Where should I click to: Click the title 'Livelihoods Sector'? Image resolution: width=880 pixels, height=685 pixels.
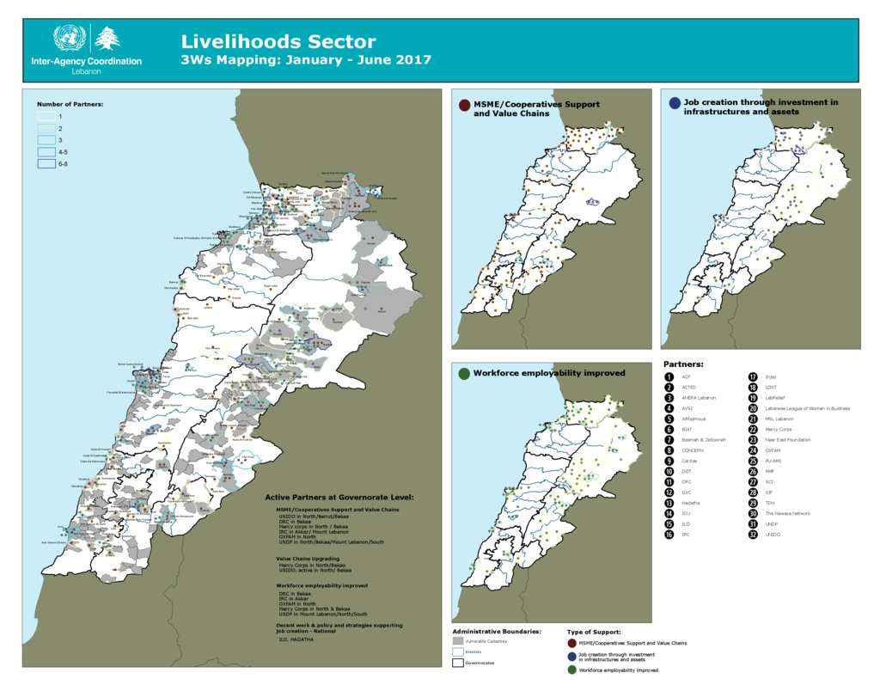point(278,41)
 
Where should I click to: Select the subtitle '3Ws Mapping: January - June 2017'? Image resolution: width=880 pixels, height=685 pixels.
point(306,60)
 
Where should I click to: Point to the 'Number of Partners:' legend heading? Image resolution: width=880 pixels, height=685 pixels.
point(70,104)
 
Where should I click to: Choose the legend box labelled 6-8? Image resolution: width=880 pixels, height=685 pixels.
point(46,163)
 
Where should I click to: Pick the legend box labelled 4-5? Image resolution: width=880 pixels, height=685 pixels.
point(46,151)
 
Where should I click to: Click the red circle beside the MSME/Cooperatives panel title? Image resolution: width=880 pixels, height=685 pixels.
point(464,105)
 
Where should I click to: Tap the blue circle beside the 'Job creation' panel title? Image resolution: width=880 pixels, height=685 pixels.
point(675,103)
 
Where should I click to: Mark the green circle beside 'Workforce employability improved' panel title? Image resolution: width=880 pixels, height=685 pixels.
point(464,374)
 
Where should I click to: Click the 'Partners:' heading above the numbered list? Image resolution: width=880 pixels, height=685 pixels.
point(683,364)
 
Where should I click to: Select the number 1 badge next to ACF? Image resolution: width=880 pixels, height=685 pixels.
point(669,376)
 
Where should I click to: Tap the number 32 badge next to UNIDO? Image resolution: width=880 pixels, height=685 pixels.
point(753,535)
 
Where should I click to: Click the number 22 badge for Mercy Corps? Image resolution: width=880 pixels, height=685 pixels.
point(753,429)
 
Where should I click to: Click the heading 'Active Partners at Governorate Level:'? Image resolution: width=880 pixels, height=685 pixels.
point(339,497)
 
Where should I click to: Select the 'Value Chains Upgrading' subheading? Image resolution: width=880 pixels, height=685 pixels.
point(306,558)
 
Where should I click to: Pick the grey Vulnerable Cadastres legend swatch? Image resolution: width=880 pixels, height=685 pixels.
point(458,641)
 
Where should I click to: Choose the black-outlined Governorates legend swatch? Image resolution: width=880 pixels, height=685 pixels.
point(458,663)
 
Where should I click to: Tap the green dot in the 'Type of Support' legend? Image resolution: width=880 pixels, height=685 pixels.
point(571,670)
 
